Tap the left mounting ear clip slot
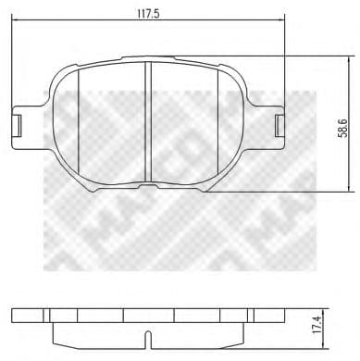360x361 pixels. point(16,122)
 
